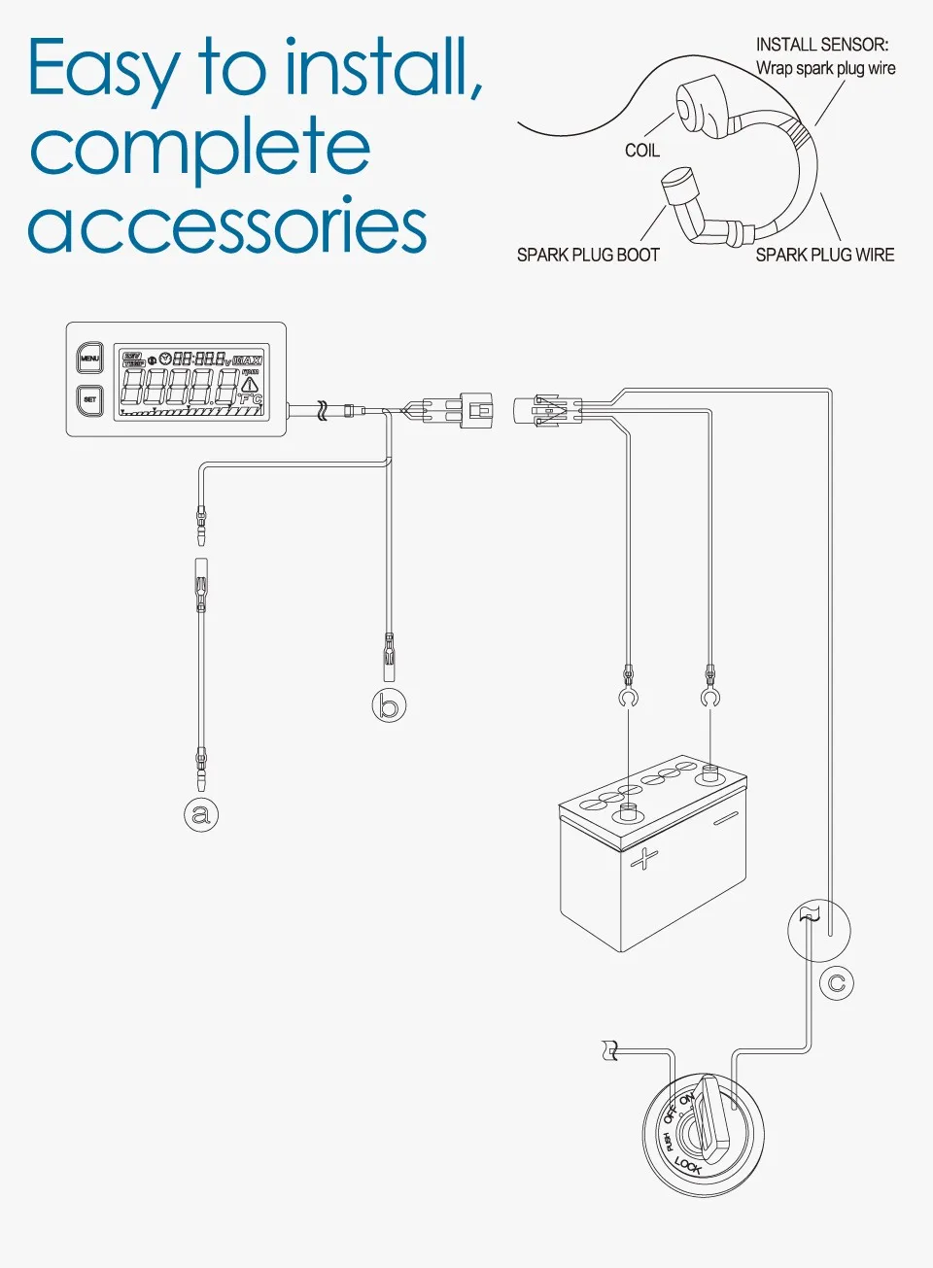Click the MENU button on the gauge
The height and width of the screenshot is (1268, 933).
pos(89,359)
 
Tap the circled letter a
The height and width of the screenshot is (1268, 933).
pos(201,814)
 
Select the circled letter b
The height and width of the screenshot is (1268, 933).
pos(389,704)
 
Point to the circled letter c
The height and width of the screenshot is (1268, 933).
pos(836,983)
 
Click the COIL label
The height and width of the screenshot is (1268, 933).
pos(641,151)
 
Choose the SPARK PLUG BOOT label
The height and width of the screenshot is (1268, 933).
pos(588,255)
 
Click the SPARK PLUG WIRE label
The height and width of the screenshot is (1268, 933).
pos(825,255)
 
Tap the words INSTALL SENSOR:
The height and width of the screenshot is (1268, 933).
pos(821,45)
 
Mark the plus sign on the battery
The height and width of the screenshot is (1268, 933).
pos(643,859)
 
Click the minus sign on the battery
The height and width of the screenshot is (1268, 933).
pos(725,819)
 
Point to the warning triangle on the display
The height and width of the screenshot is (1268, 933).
pos(250,385)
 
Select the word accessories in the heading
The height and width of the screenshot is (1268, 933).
pos(227,225)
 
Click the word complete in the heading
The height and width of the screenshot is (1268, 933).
pos(200,148)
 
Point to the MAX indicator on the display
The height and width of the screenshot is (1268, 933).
pos(248,360)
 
